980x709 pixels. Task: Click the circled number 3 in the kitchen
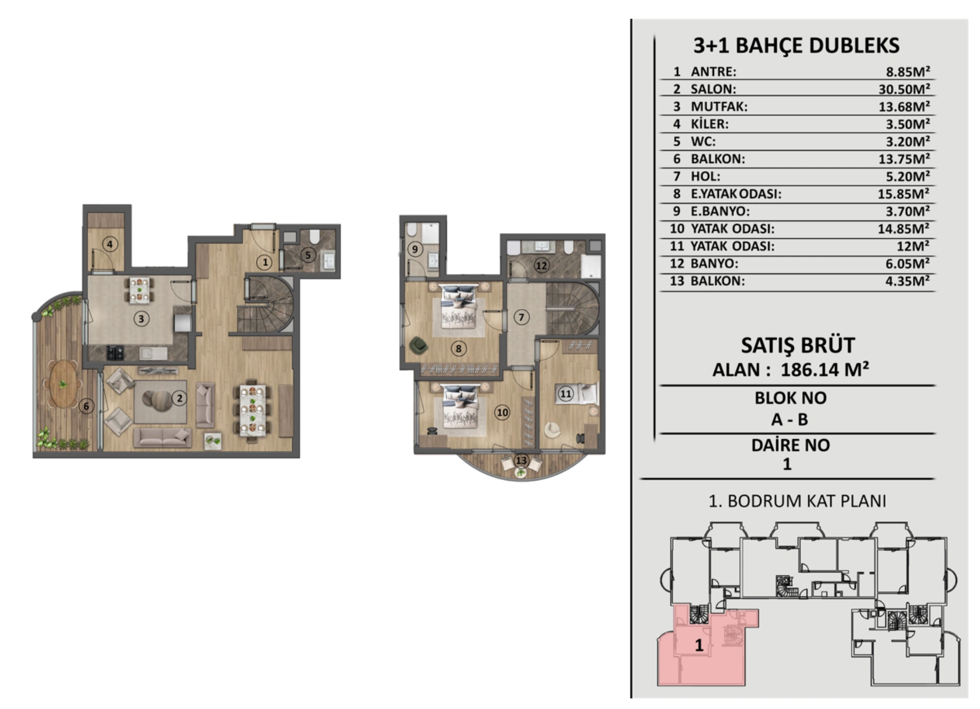pos(141,319)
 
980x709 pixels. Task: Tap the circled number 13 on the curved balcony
pos(521,460)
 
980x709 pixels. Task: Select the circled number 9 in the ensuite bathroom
pos(415,249)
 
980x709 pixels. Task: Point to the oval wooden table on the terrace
pos(63,383)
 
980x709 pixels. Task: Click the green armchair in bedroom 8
pos(419,346)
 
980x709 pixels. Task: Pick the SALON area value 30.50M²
pos(905,89)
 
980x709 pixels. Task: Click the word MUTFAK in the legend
pos(719,106)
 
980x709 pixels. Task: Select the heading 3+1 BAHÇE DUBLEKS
pos(796,45)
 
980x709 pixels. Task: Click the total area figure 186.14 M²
pos(825,369)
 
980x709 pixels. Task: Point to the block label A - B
pos(789,420)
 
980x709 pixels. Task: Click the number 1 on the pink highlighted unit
pos(699,645)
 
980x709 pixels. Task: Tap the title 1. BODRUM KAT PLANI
pos(797,501)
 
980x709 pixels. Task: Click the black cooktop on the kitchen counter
pos(115,352)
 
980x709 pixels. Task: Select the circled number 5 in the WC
pos(308,255)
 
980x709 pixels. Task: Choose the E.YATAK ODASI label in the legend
pos(736,194)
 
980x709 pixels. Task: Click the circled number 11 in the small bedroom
pos(566,394)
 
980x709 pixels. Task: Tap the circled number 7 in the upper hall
pos(521,317)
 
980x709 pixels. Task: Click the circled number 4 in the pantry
pos(109,244)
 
